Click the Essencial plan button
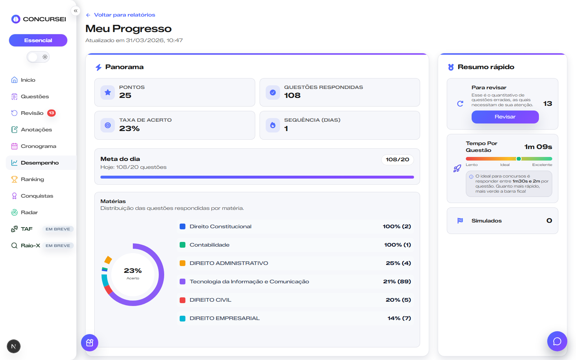38,40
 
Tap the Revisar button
505,117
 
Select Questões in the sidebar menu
35,96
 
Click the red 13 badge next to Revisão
51,113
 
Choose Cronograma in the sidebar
38,146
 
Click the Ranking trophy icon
14,179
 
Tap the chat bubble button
557,341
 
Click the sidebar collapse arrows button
76,11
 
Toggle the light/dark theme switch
38,57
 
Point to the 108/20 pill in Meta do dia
397,159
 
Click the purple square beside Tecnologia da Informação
183,282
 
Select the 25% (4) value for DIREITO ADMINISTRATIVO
398,263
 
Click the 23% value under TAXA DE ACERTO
129,129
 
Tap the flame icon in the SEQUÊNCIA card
273,125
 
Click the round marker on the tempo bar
519,159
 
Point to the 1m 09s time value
538,147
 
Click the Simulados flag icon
460,221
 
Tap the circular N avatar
14,346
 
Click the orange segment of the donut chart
108,260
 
